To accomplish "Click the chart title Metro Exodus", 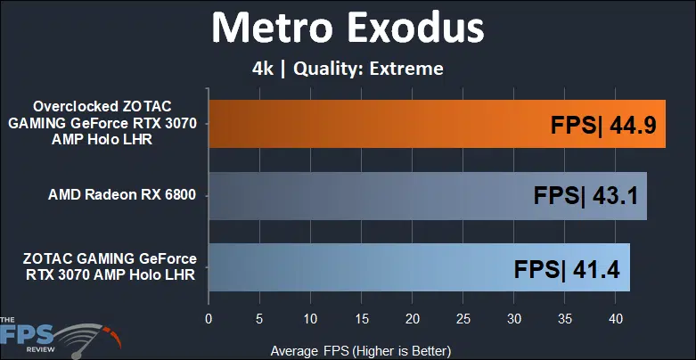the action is tap(348, 28).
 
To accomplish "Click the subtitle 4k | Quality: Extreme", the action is tap(348, 70).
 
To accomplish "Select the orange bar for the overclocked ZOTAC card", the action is tap(438, 123).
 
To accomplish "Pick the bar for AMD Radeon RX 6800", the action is tap(428, 196).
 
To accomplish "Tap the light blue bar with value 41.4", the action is tap(420, 267).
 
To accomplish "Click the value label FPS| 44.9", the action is tap(603, 125).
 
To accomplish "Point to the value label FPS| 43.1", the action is tap(585, 197).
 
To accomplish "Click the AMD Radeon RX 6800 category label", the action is tap(122, 195).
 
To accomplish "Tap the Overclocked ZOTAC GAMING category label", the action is tap(102, 123).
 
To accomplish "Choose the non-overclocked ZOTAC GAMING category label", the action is tap(110, 266).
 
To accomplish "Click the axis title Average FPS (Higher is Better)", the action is tap(360, 351).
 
